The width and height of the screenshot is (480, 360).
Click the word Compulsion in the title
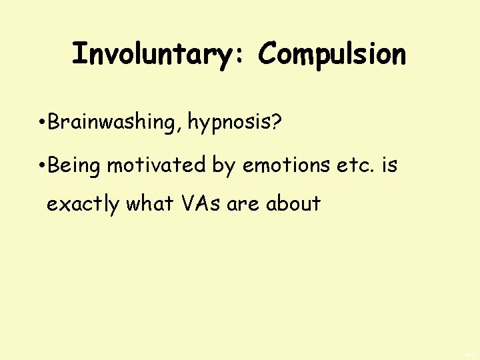point(331,55)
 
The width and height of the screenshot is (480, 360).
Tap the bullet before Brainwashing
point(42,123)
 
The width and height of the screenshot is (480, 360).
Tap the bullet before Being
point(42,165)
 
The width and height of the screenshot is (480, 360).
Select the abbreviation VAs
point(200,203)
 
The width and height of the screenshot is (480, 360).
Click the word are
point(243,204)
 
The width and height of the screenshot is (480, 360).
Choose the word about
point(293,203)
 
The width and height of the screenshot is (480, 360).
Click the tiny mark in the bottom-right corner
point(469,353)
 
